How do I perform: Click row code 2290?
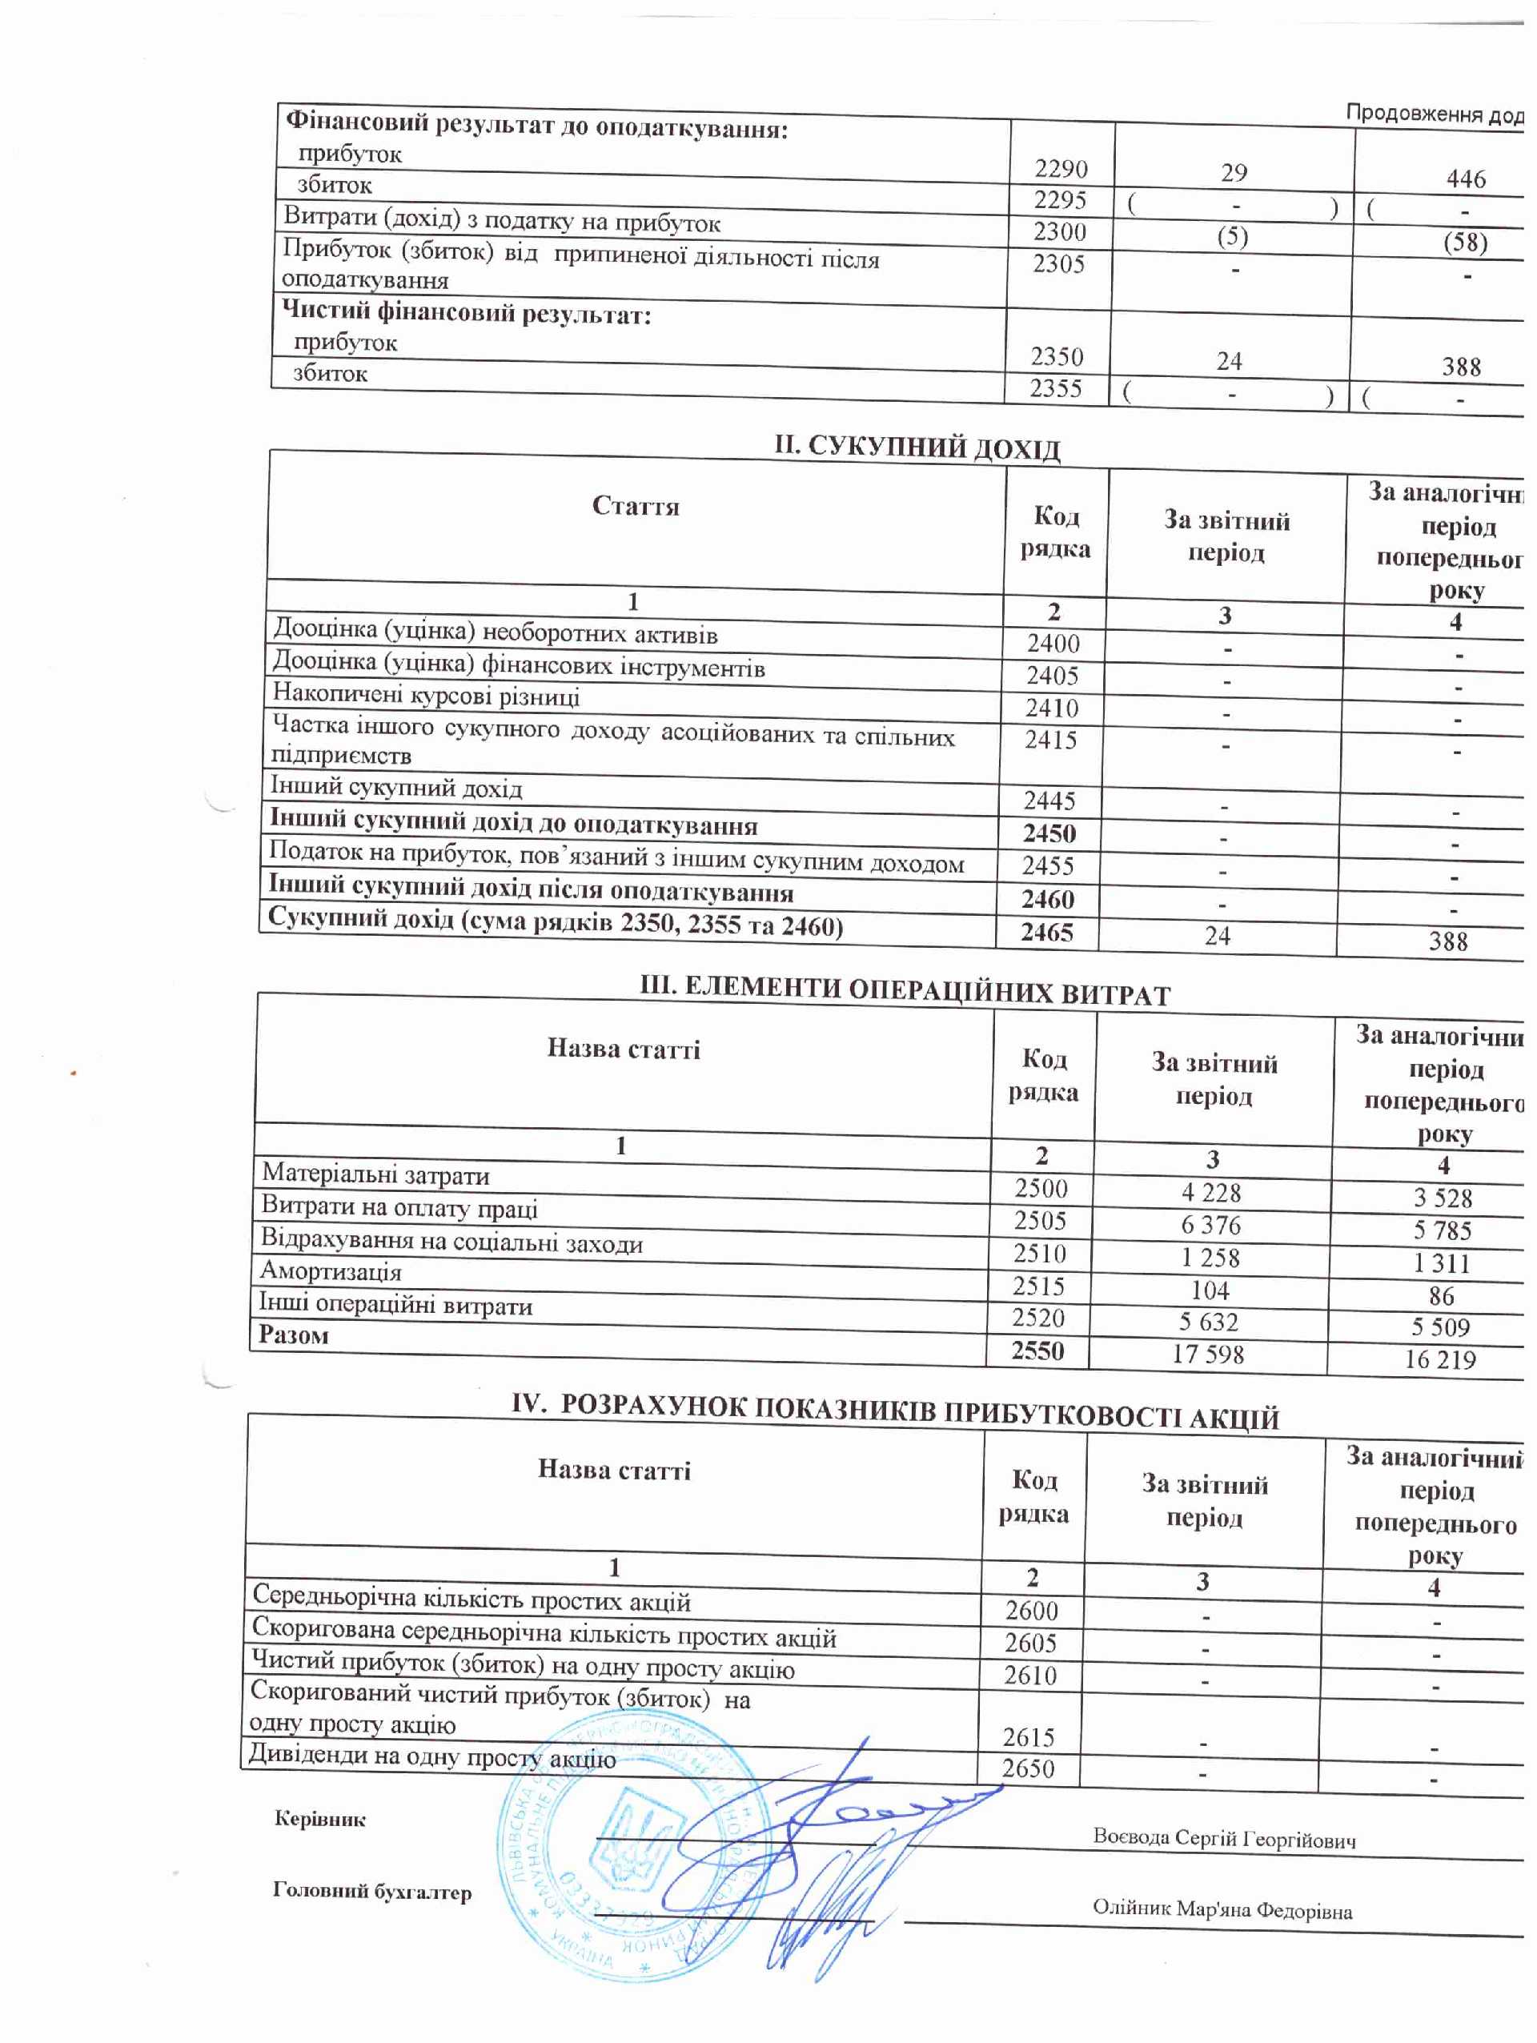(1061, 169)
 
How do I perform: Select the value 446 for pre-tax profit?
(1466, 179)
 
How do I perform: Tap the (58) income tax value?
(1465, 243)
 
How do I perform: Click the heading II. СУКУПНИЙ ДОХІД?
(917, 448)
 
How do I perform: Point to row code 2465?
(1046, 932)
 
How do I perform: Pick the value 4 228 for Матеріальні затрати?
(1210, 1192)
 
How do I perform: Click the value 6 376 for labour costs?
(1210, 1225)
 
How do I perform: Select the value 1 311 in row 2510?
(1441, 1262)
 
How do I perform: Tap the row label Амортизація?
(331, 1272)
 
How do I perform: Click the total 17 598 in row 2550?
(1207, 1354)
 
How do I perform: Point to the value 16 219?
(1440, 1359)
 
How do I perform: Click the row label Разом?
(294, 1335)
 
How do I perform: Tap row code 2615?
(1028, 1737)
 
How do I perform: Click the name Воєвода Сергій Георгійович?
(1224, 1838)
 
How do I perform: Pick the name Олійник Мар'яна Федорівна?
(1222, 1909)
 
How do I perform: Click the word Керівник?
(319, 1820)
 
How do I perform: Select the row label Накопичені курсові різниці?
(426, 695)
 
